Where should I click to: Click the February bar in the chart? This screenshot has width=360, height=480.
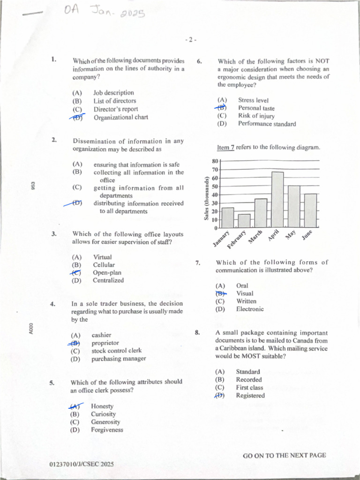pyautogui.click(x=244, y=221)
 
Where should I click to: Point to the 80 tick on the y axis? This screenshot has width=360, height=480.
pyautogui.click(x=216, y=161)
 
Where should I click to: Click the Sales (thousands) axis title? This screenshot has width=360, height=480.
pyautogui.click(x=206, y=198)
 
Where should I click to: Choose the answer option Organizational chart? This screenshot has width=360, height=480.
pyautogui.click(x=120, y=118)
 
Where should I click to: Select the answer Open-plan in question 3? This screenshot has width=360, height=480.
pyautogui.click(x=107, y=272)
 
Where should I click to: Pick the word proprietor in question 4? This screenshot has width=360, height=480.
pyautogui.click(x=105, y=343)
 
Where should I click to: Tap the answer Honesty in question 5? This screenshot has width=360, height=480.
pyautogui.click(x=102, y=406)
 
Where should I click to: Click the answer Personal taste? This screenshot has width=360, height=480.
pyautogui.click(x=256, y=108)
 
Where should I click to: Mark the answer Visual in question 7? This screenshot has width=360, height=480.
pyautogui.click(x=245, y=293)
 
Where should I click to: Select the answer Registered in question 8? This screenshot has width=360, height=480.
pyautogui.click(x=250, y=396)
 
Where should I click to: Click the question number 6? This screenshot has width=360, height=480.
pyautogui.click(x=199, y=61)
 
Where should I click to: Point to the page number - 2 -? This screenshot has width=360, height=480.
pyautogui.click(x=190, y=40)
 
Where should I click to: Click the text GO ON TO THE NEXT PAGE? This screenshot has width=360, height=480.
pyautogui.click(x=284, y=455)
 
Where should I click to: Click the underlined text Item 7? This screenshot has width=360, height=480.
pyautogui.click(x=225, y=148)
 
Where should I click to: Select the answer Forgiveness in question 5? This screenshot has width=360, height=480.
pyautogui.click(x=107, y=430)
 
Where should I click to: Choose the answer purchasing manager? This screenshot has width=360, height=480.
pyautogui.click(x=119, y=359)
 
